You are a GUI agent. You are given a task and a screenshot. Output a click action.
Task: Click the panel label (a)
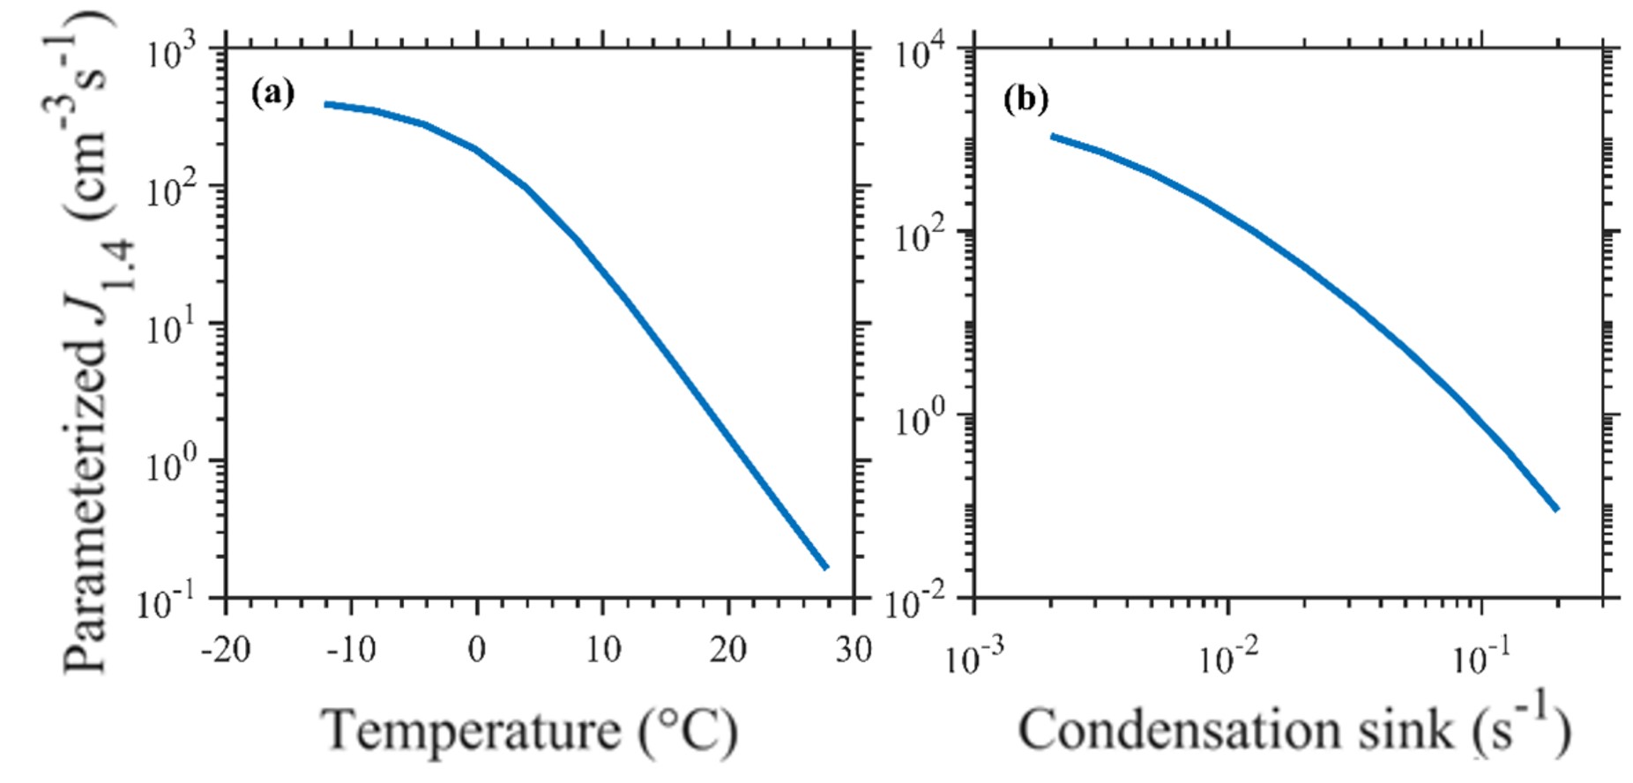tap(272, 93)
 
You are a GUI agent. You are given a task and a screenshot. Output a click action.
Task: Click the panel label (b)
tap(1025, 100)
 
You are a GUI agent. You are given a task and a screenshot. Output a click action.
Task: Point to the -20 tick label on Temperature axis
tap(225, 651)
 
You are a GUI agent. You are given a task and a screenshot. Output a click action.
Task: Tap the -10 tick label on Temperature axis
tap(350, 651)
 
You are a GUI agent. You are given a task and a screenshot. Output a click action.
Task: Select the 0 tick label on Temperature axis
tap(476, 651)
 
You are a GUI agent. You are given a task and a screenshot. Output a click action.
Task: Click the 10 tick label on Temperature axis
tap(602, 651)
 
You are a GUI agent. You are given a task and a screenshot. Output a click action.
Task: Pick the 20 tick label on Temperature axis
tap(728, 651)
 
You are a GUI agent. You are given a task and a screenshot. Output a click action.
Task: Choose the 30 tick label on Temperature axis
tap(853, 651)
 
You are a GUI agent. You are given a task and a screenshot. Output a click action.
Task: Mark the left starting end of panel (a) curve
tap(325, 104)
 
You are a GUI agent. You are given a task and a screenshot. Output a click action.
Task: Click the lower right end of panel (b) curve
tap(1557, 509)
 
